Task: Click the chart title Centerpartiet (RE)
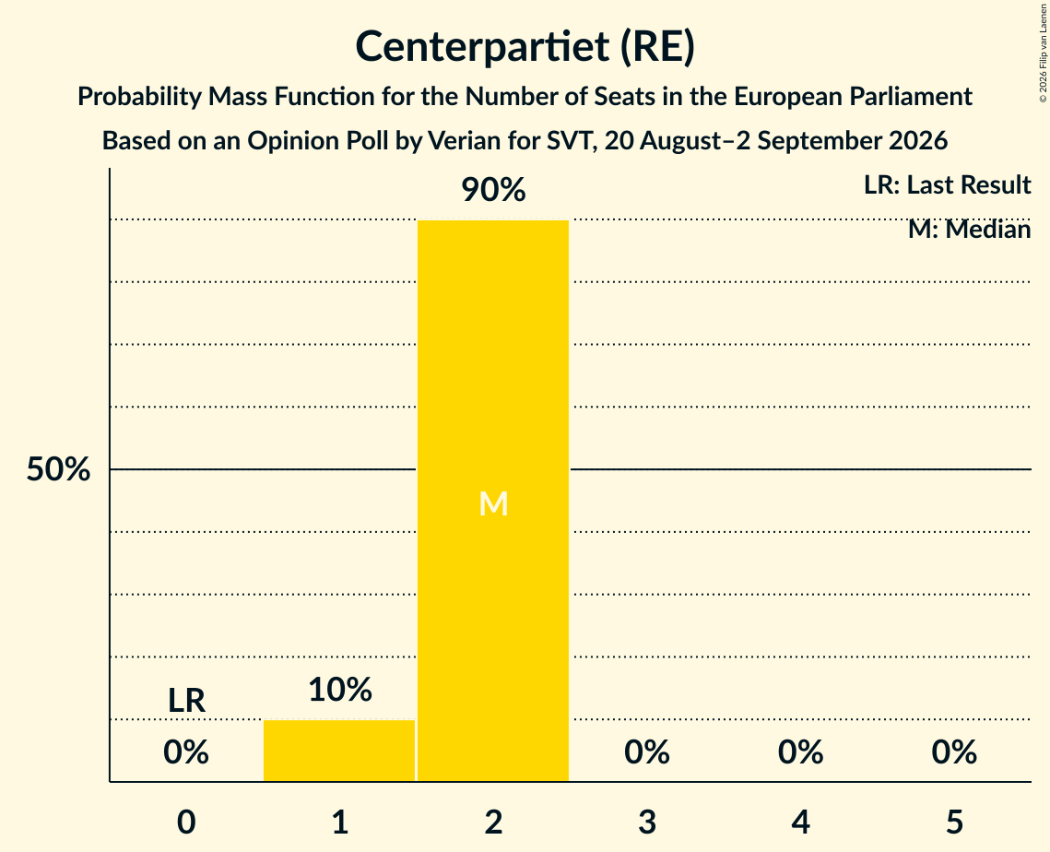click(525, 47)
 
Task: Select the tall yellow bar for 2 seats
click(493, 501)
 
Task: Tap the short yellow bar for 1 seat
click(339, 751)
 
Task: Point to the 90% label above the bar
click(493, 190)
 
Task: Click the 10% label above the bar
click(340, 689)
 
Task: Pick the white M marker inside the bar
click(493, 503)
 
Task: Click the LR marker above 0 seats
click(186, 701)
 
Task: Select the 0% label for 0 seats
click(186, 752)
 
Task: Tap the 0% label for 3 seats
click(647, 752)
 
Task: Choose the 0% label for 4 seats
click(801, 752)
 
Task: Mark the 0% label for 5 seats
click(954, 752)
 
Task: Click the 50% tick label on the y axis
click(58, 469)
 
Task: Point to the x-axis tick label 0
click(186, 822)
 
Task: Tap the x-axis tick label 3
click(647, 822)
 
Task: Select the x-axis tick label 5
click(954, 822)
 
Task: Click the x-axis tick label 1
click(340, 822)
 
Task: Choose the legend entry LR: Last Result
click(948, 184)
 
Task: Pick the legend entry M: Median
click(970, 230)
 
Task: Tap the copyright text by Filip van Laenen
click(1043, 53)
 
